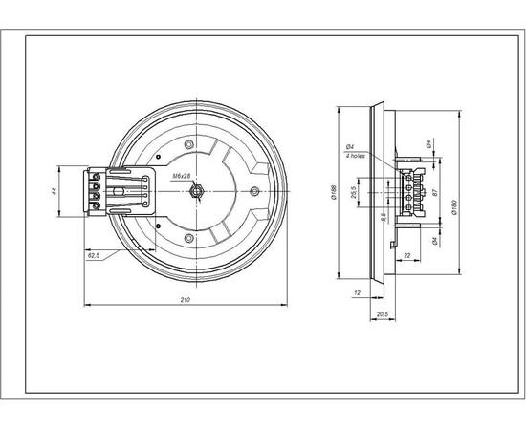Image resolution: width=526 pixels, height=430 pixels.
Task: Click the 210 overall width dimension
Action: point(186,300)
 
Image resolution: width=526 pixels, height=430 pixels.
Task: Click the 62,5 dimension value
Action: point(94,257)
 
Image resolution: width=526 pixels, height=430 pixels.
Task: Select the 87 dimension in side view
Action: point(436,192)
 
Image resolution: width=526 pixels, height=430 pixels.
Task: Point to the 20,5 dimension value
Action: point(381,313)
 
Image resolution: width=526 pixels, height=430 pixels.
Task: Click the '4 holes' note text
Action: point(355,154)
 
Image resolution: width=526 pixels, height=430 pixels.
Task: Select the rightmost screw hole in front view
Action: point(253,192)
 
